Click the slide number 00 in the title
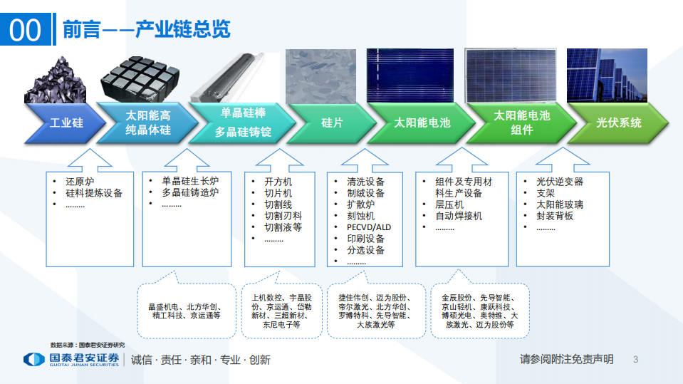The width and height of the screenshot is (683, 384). coord(25,29)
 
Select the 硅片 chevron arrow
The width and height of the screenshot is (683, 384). coord(332,123)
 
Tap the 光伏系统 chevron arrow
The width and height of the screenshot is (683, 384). coord(618,123)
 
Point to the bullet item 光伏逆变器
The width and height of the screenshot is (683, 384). coord(559,182)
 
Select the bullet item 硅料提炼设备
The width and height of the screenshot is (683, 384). coord(93,193)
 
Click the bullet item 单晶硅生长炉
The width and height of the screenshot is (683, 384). coord(190,181)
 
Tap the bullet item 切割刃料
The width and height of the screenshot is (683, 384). coord(283,216)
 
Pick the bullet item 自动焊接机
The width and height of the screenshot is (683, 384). coord(459,216)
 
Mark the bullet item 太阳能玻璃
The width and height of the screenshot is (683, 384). coord(559,204)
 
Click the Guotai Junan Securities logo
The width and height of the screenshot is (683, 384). coord(71,360)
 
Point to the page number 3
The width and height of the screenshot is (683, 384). coord(635,360)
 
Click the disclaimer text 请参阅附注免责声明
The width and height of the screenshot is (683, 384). coord(566,360)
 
